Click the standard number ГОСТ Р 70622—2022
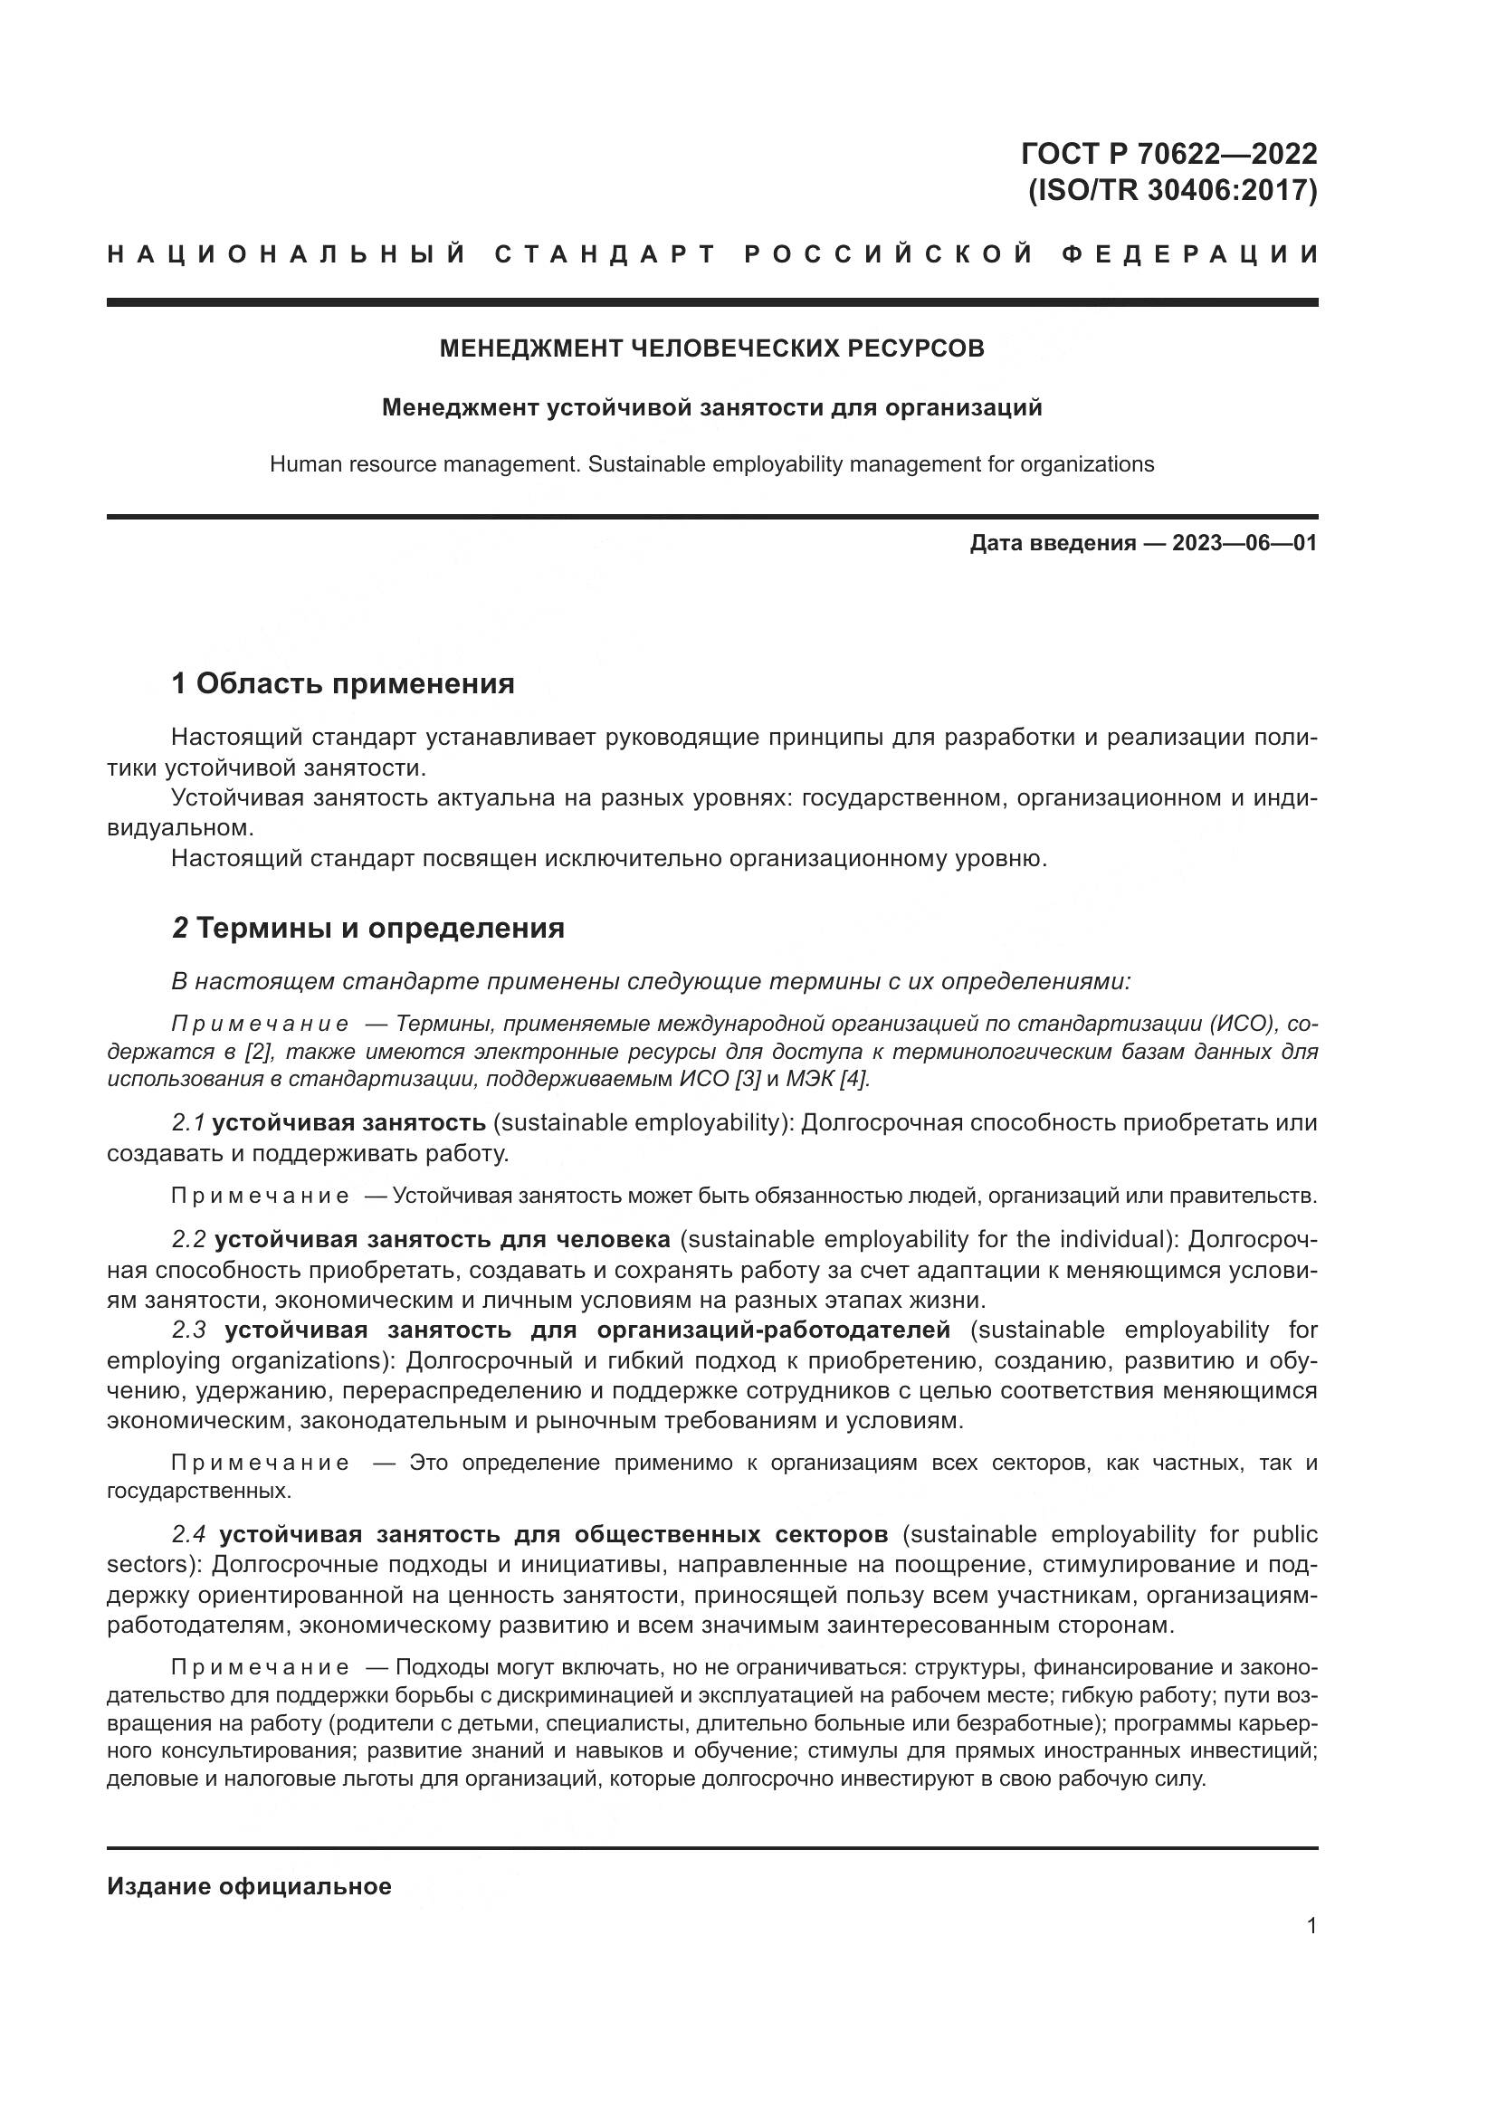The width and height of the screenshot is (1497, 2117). pyautogui.click(x=1168, y=153)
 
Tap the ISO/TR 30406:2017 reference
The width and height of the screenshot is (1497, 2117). pyautogui.click(x=1172, y=191)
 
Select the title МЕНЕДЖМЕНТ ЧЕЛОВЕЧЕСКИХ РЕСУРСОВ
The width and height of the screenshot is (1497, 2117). pyautogui.click(x=711, y=348)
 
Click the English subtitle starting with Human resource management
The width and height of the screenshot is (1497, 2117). pyautogui.click(x=711, y=463)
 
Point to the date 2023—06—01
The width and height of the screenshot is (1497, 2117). pyautogui.click(x=1244, y=543)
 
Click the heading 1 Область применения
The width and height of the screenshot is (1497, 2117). pyautogui.click(x=343, y=684)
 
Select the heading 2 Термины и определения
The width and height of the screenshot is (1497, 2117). pyautogui.click(x=367, y=928)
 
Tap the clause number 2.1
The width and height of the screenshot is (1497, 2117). pyautogui.click(x=188, y=1123)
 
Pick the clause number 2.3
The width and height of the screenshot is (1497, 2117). pyautogui.click(x=188, y=1330)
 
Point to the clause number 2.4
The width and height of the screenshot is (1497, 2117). pyautogui.click(x=188, y=1534)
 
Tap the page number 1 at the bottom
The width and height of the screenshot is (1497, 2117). pyautogui.click(x=1311, y=1926)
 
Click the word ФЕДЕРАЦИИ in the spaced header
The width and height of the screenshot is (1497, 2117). pyautogui.click(x=1191, y=254)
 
